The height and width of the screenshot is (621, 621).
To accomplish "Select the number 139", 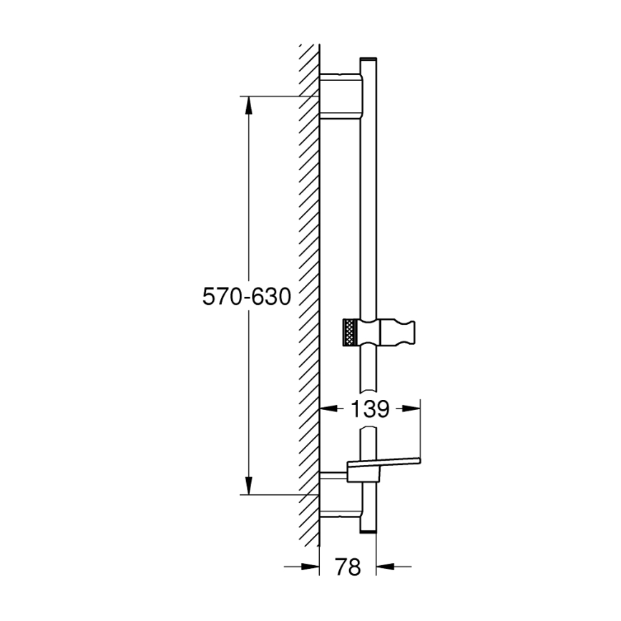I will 370,410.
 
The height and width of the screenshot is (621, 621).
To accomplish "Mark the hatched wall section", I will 308,286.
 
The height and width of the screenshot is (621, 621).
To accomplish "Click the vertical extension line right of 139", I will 420,429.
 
